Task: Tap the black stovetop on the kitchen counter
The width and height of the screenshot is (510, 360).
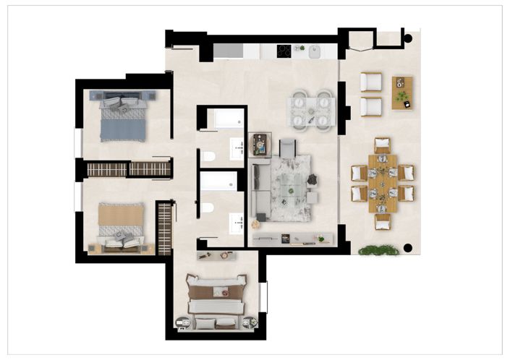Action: tap(284, 51)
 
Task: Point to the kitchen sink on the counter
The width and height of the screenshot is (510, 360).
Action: tap(315, 51)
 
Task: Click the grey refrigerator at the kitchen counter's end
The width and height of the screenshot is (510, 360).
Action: tap(228, 51)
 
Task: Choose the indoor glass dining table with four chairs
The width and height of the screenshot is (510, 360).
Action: tap(310, 111)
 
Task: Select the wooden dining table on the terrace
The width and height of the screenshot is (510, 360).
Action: tap(382, 183)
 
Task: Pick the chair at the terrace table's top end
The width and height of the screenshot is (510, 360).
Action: tap(382, 145)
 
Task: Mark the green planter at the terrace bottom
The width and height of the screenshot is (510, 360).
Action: tap(378, 250)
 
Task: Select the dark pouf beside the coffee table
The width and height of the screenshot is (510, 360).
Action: tap(313, 179)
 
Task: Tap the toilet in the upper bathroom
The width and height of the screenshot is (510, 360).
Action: tap(208, 156)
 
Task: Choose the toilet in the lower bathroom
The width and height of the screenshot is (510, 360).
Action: tap(207, 208)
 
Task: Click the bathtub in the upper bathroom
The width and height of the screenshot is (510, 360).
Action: tap(221, 119)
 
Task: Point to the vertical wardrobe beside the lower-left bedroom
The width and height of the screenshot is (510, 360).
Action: tap(165, 227)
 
